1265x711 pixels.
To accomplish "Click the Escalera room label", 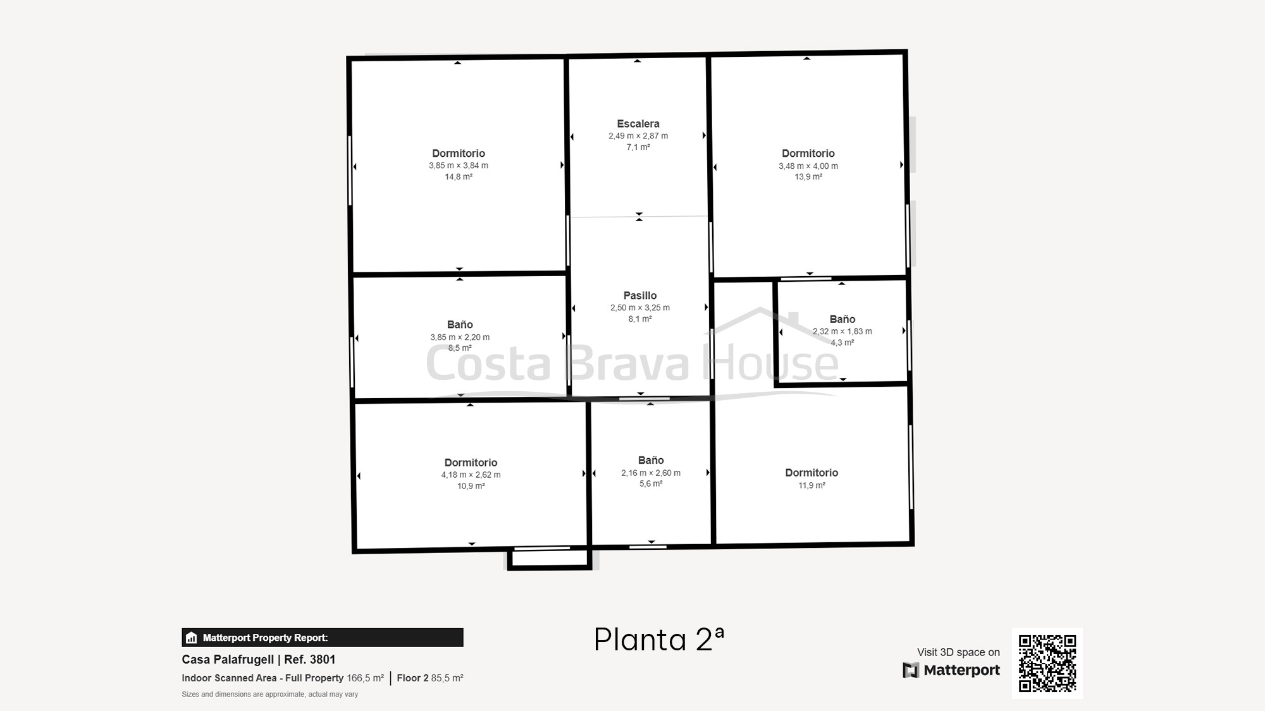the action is click(x=638, y=124).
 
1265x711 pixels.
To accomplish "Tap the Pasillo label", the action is click(x=640, y=296).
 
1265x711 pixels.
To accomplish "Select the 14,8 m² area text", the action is click(x=459, y=177).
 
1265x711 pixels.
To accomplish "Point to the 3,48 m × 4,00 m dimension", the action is click(x=808, y=166).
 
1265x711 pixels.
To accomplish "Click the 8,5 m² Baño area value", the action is click(x=460, y=348).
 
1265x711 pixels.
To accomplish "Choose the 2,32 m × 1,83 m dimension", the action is click(x=842, y=331).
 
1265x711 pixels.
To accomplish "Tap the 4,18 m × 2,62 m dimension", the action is click(x=471, y=475).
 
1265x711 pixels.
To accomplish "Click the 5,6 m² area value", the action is click(x=651, y=484).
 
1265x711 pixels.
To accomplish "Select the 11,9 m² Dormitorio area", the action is click(x=811, y=485).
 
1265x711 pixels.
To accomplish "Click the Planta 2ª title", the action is click(x=659, y=640).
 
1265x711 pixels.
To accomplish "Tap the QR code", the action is click(x=1047, y=664).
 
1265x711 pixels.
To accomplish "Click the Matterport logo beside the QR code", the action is click(x=951, y=670).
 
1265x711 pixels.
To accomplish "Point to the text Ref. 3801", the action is click(x=310, y=660).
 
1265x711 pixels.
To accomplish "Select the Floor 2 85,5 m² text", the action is click(x=430, y=678).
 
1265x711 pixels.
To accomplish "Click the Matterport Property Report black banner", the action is click(x=323, y=638).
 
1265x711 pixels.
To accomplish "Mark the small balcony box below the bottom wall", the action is click(x=549, y=558).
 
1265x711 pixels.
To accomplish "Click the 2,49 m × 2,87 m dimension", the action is click(x=638, y=136).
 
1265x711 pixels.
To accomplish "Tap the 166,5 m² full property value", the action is click(x=366, y=678).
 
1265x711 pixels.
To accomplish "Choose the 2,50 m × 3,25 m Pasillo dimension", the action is click(x=640, y=308).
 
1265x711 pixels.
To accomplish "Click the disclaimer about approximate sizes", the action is click(x=270, y=695).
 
